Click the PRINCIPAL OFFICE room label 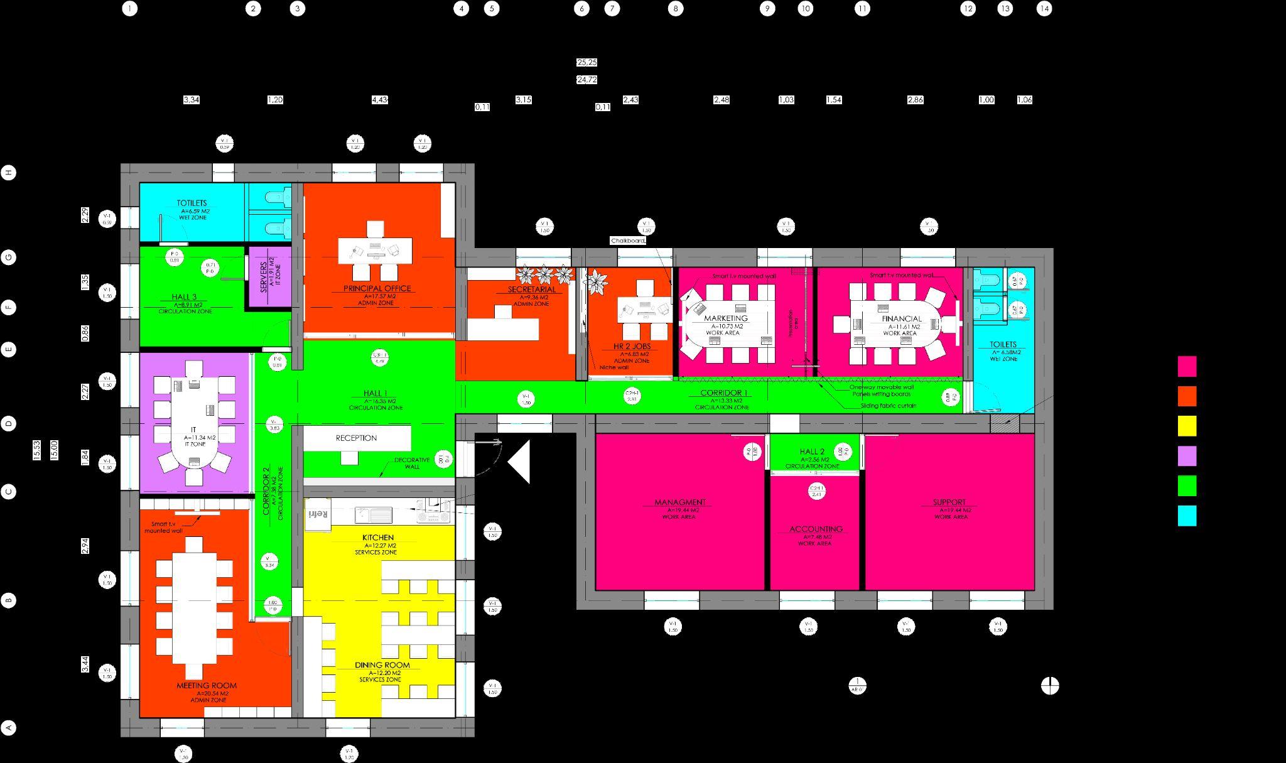click(x=377, y=288)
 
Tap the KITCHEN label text click(x=378, y=538)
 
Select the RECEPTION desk click(x=357, y=438)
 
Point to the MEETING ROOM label click(x=207, y=686)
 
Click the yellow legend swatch click(x=1187, y=426)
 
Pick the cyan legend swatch click(x=1187, y=516)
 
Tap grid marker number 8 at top click(x=676, y=9)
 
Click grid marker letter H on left click(x=9, y=173)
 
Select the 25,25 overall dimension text click(x=586, y=63)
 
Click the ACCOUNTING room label click(x=816, y=529)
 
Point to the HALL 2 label click(x=812, y=452)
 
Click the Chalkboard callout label click(x=628, y=241)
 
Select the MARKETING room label click(x=725, y=318)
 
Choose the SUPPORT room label click(x=949, y=502)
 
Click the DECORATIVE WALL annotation click(x=412, y=463)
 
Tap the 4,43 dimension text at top click(x=380, y=100)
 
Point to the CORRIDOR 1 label click(x=724, y=393)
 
